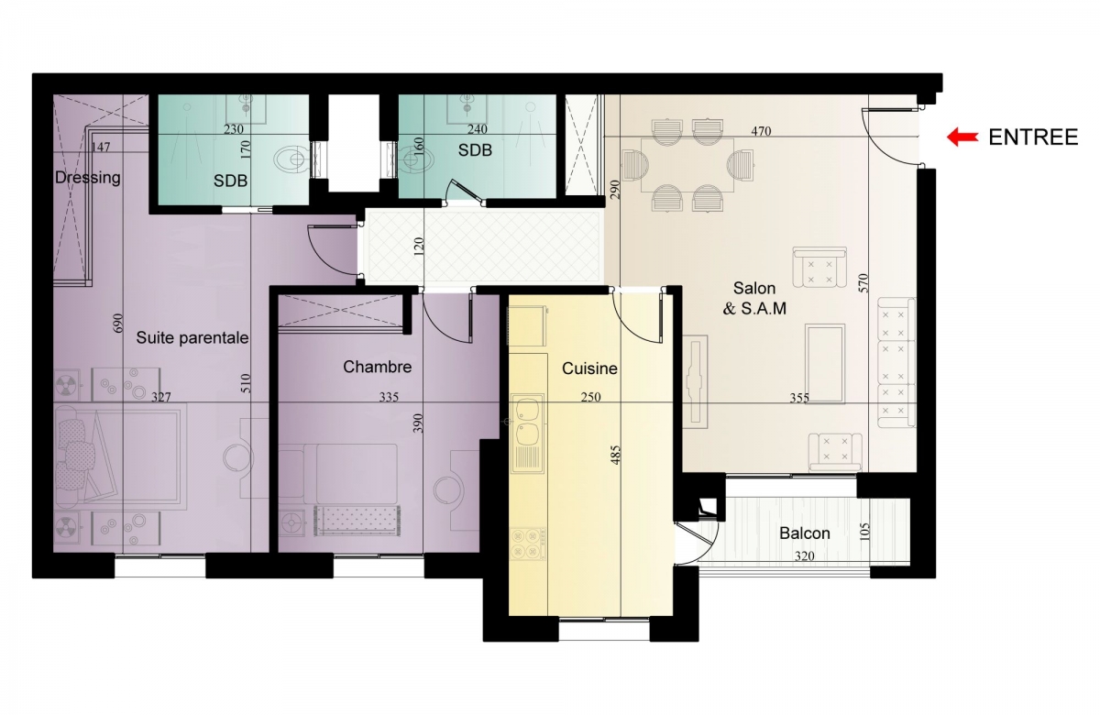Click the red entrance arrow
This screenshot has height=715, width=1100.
coord(962,137)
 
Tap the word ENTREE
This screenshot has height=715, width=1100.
coord(1033,137)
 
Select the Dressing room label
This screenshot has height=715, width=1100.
coord(87,178)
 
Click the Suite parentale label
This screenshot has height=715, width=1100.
coord(192,338)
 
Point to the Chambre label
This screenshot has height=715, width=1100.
coord(377,367)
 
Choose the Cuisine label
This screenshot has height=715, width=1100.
coord(589,368)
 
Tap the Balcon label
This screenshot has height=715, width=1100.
coord(805,533)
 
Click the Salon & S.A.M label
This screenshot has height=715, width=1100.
coord(754,298)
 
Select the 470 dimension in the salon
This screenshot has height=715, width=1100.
coord(761,131)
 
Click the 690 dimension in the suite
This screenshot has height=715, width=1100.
coord(118,323)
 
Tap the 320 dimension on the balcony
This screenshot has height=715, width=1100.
coord(805,555)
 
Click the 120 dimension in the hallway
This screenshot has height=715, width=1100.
coord(418,247)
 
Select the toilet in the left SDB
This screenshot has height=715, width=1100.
coord(291,159)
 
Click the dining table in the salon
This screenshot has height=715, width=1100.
coord(687,166)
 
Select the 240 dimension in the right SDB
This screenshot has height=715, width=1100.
coord(477,129)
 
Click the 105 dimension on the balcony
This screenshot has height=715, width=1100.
coord(864,532)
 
